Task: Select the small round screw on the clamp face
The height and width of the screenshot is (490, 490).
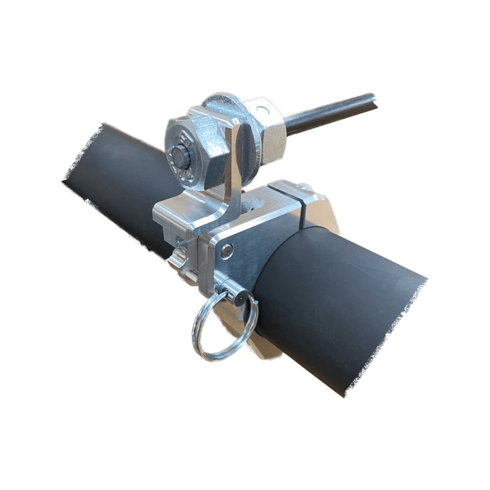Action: point(227,252)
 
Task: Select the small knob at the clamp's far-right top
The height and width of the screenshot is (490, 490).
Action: point(304,186)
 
